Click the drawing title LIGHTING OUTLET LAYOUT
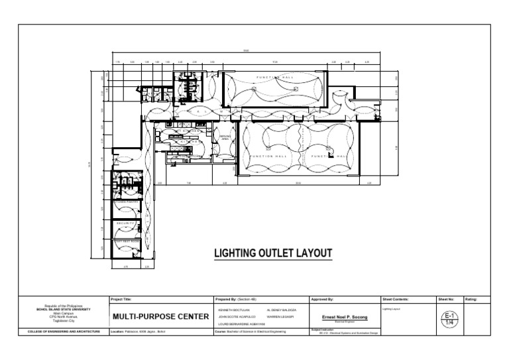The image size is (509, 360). [x=272, y=253]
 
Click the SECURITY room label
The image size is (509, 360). [x=126, y=224]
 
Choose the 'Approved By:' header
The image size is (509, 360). [x=322, y=300]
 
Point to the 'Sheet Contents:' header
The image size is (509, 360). [x=396, y=300]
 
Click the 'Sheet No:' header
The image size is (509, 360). [x=445, y=300]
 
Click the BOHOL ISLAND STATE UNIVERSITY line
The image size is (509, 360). [x=64, y=310]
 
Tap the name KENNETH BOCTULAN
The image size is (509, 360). [x=231, y=310]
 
